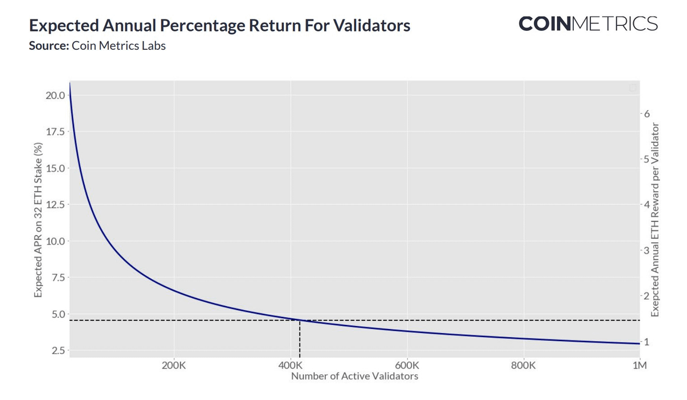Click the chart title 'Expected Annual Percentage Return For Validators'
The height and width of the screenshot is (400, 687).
point(219,26)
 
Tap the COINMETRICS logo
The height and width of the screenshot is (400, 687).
point(589,23)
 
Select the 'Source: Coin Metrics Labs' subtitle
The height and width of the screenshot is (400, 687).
point(97,46)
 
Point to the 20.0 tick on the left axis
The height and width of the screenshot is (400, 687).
point(56,95)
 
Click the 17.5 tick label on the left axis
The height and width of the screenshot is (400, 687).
point(56,131)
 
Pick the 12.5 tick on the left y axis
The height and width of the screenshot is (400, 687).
point(56,204)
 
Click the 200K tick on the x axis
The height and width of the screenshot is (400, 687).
point(174,365)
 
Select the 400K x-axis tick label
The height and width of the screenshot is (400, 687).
point(291,365)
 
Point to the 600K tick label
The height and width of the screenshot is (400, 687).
point(407,365)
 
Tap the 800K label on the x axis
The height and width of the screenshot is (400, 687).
point(524,365)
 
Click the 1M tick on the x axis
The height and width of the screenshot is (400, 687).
point(639,365)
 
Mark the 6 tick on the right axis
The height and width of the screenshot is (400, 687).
point(647,114)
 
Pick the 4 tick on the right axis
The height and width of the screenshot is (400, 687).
point(647,205)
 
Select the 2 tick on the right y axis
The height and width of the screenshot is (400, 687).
point(647,296)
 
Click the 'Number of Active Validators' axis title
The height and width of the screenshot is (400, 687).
point(354,377)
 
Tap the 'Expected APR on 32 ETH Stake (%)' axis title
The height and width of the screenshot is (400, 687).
point(39,220)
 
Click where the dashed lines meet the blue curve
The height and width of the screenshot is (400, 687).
point(300,320)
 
